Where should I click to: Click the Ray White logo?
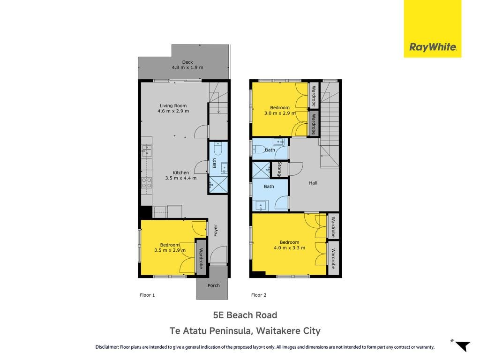[x=433, y=29]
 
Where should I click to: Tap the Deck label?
[x=187, y=62]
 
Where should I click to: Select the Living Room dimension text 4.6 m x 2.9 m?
[x=173, y=111]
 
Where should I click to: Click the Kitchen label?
[x=180, y=172]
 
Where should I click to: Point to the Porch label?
[x=214, y=285]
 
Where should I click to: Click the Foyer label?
[x=216, y=231]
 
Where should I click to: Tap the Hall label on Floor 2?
[x=313, y=183]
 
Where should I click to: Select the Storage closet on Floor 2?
[x=280, y=169]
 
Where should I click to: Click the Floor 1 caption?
[x=147, y=295]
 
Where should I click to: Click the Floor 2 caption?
[x=259, y=295]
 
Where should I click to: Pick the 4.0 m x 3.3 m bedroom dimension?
[x=289, y=248]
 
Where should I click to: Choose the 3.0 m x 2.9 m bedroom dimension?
[x=280, y=113]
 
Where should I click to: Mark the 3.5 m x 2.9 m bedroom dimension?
[x=170, y=250]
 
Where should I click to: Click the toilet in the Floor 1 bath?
[x=217, y=148]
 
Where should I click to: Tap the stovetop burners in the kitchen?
[x=147, y=183]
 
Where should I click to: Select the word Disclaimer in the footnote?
[x=107, y=347]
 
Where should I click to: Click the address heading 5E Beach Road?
[x=245, y=315]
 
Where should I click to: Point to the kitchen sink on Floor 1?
[x=147, y=151]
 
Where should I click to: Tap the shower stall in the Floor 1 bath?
[x=218, y=185]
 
